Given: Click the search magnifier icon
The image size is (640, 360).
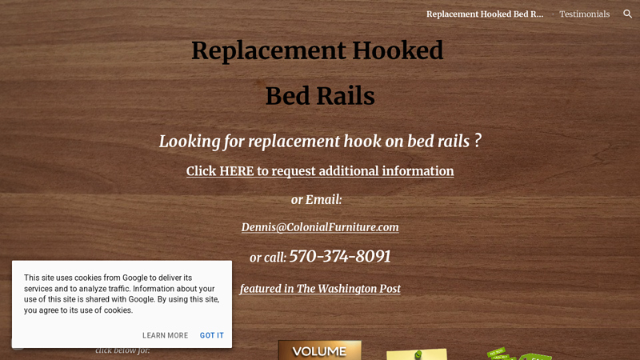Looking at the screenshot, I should (627, 14).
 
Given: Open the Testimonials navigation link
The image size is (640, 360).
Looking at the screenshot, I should (584, 14).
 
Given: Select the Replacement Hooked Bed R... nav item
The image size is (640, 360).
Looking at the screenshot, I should (484, 14).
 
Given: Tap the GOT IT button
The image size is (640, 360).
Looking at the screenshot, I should (212, 335).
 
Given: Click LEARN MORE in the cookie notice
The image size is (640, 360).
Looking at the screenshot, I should (165, 335).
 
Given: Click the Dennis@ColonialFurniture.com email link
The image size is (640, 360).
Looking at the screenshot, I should (320, 227).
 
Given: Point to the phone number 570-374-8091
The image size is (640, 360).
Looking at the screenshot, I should (340, 257).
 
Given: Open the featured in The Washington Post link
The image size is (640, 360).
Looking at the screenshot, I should (320, 289).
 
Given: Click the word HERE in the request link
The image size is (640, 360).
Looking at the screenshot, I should (236, 171).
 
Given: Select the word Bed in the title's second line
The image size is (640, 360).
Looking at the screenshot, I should (287, 96).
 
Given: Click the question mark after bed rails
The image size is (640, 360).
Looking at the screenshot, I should (477, 141).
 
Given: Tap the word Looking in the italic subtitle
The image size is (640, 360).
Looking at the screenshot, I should (188, 142).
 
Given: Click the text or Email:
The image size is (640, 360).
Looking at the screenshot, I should (316, 199).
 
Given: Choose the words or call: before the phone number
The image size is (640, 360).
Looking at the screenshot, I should (267, 258).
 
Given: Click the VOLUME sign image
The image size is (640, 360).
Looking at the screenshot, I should (319, 350).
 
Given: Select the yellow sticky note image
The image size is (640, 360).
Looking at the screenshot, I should (416, 354).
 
